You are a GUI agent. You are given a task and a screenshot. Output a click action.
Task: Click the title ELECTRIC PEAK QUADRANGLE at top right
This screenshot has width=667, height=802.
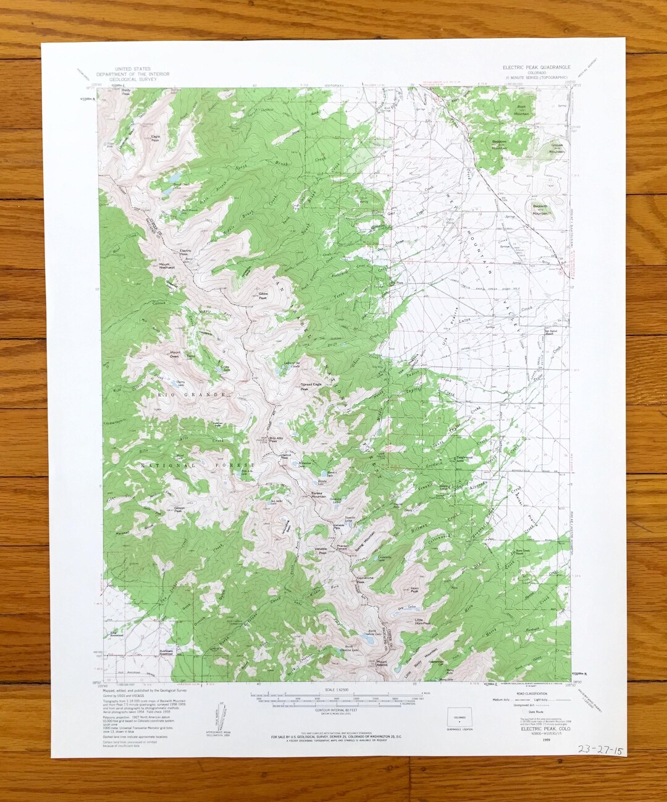coord(536,67)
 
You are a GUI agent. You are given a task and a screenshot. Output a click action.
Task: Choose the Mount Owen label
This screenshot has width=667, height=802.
coord(175,355)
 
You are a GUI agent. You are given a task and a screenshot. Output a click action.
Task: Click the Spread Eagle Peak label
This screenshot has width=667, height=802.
coord(311,386)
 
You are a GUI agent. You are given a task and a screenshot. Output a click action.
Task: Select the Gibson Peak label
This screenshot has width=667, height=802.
coord(177,509)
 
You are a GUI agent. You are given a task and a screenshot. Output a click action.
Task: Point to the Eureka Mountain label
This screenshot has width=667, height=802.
coord(318,494)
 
